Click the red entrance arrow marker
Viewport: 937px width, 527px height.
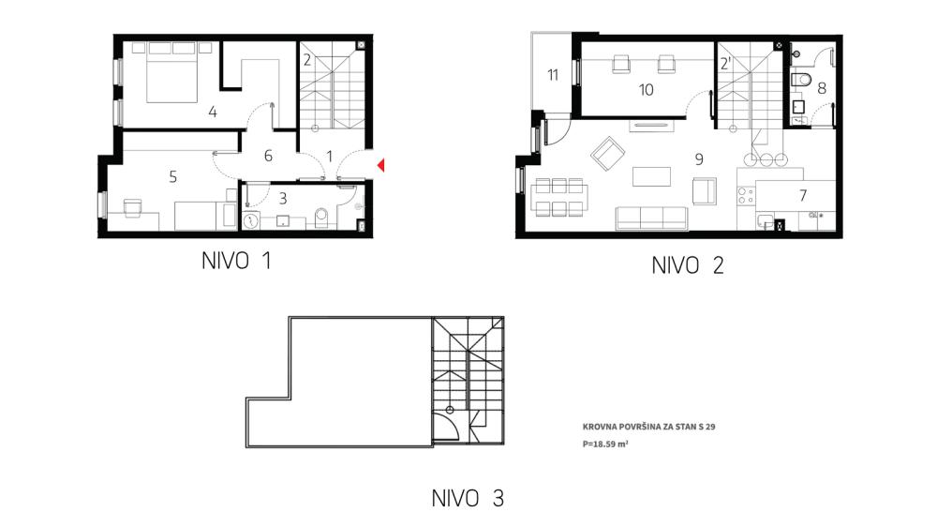point(380,167)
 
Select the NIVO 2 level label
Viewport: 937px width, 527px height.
point(688,265)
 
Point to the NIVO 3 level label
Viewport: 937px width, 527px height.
point(468,498)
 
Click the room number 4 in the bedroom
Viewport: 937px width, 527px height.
point(213,113)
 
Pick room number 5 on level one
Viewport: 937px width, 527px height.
point(172,174)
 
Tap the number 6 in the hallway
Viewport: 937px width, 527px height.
point(268,156)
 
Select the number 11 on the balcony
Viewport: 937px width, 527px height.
point(553,75)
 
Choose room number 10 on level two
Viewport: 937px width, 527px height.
point(646,90)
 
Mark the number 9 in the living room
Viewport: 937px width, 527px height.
point(699,159)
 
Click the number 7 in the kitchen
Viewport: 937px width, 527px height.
point(803,196)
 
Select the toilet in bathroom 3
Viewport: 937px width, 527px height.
point(321,218)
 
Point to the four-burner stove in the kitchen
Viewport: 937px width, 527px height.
point(748,197)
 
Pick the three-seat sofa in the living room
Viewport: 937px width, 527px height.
point(651,218)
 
